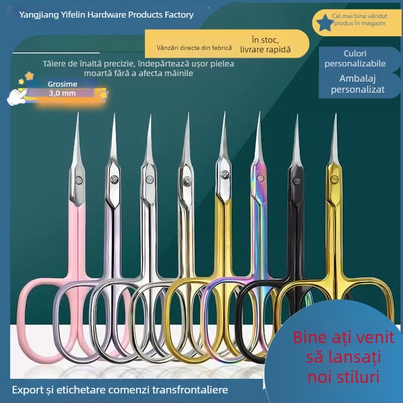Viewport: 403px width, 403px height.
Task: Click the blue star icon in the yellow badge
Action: tap(324, 23)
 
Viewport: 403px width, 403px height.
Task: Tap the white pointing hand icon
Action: tap(16, 97)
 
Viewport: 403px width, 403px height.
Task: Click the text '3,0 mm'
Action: tap(62, 93)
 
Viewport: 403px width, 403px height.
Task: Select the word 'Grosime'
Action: tap(62, 84)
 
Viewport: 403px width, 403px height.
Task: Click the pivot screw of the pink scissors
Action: tap(79, 180)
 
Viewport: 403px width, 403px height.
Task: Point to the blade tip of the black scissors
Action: tap(297, 115)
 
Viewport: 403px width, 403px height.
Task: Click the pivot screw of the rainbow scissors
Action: tap(260, 178)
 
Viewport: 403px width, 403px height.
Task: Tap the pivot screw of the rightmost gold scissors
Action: tap(334, 179)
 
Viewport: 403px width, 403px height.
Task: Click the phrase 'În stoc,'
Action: tap(265, 40)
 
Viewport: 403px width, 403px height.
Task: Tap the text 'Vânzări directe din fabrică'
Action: tap(194, 48)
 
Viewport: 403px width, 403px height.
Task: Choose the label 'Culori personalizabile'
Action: tap(355, 58)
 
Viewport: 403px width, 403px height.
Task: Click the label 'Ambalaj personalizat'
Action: tap(358, 84)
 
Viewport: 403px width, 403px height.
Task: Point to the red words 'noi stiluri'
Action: tap(344, 377)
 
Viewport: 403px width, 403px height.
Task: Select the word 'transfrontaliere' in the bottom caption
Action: tap(190, 389)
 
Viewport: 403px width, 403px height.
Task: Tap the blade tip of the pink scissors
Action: tap(78, 113)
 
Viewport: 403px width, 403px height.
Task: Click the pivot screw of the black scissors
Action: tap(296, 181)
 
